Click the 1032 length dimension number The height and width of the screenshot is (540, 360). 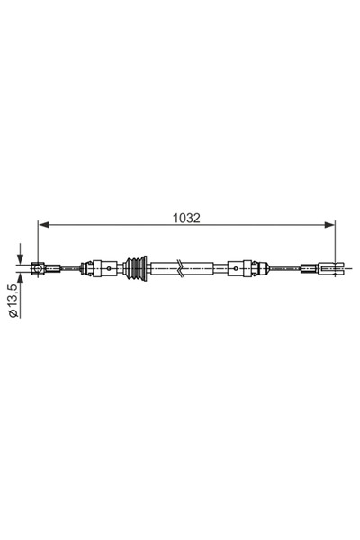click(x=187, y=216)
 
